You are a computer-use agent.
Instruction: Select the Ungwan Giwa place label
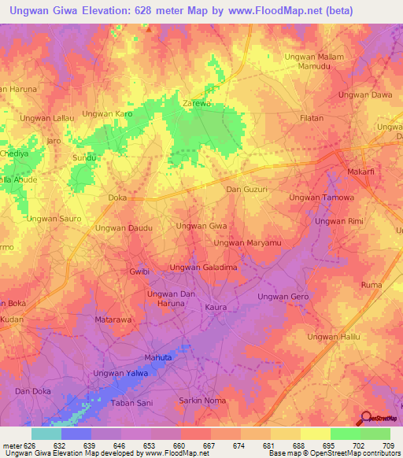pos(201,226)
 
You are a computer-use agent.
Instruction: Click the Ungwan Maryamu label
pos(247,243)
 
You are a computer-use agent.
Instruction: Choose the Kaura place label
pos(216,306)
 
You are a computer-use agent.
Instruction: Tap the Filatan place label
pos(311,118)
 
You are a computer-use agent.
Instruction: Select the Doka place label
pos(116,198)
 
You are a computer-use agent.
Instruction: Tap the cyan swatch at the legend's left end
pos(46,434)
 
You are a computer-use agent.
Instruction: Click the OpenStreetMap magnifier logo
pos(366,419)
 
